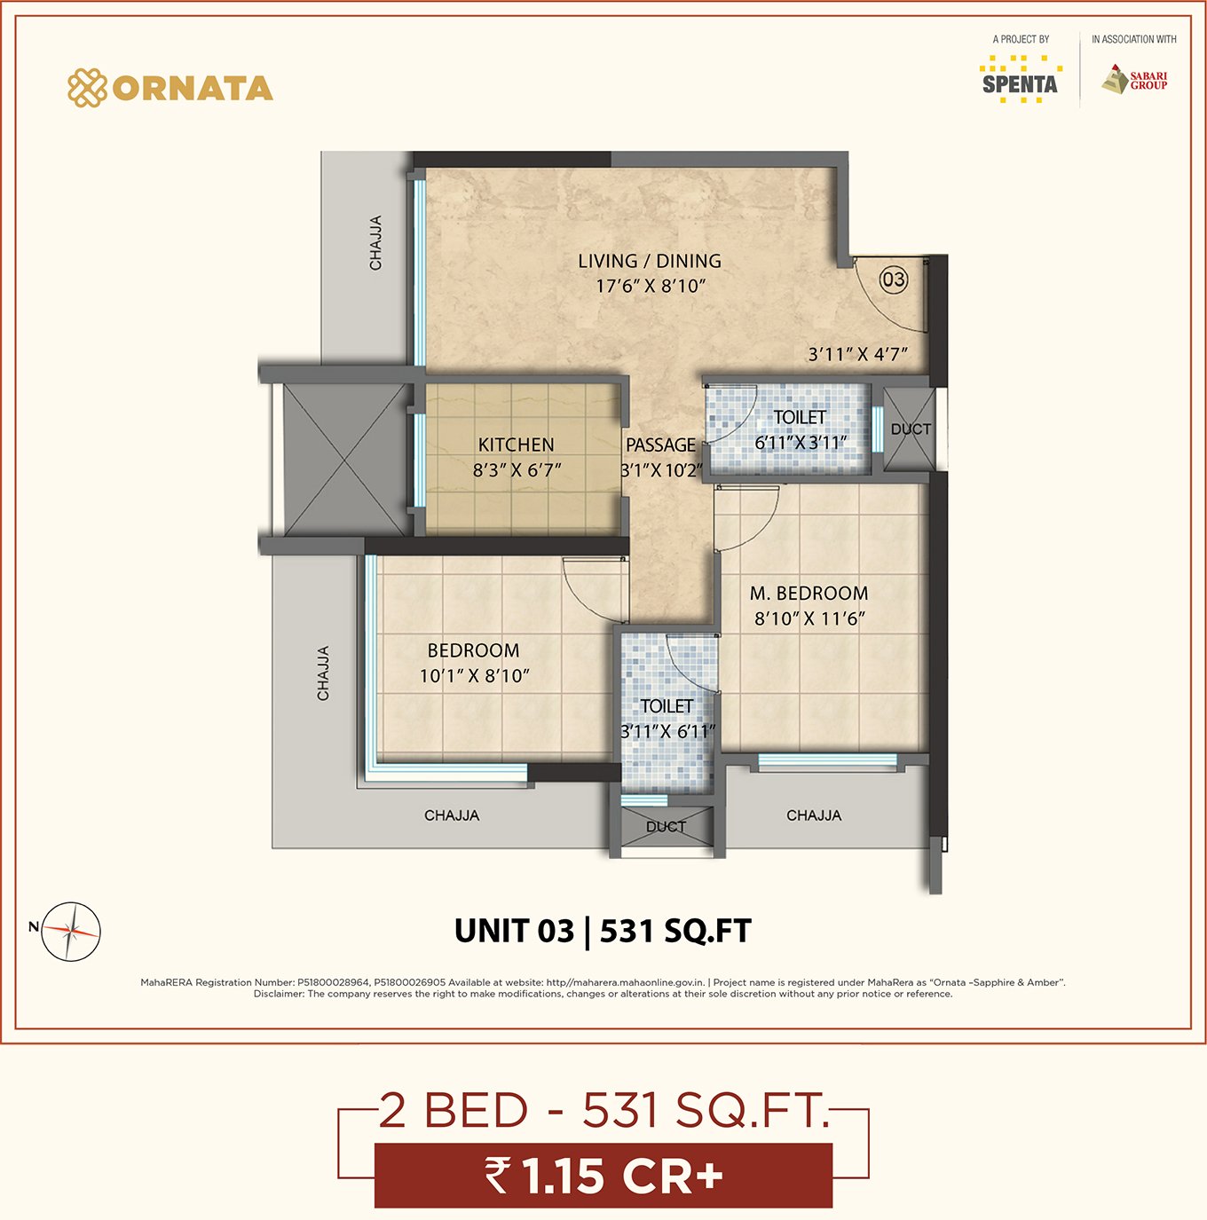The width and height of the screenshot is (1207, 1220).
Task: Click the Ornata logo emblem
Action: [x=88, y=88]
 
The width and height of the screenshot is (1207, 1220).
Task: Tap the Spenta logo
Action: [x=1021, y=79]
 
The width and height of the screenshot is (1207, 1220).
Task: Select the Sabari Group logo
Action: [x=1135, y=79]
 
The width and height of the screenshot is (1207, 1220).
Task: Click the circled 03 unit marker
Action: [x=894, y=279]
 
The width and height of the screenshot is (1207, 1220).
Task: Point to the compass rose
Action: [x=71, y=932]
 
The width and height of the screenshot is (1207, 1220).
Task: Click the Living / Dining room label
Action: [x=650, y=261]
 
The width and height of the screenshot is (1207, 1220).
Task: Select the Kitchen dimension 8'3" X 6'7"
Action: [x=517, y=470]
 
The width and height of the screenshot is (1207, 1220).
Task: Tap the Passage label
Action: [x=660, y=445]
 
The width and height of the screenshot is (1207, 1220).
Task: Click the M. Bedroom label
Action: [x=809, y=594]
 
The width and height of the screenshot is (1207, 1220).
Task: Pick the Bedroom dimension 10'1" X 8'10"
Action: [x=474, y=676]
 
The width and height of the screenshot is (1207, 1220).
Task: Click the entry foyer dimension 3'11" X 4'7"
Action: [x=858, y=354]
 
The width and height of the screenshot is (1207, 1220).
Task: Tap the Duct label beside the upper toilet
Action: [x=911, y=429]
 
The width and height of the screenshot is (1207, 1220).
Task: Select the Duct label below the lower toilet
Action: [x=667, y=827]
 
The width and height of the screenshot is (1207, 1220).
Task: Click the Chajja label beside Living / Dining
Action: [x=375, y=243]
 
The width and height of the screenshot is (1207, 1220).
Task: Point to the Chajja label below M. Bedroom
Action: [x=814, y=815]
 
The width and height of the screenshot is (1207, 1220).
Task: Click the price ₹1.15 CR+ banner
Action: [x=603, y=1176]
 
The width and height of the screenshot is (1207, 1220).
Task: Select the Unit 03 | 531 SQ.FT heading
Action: [x=603, y=931]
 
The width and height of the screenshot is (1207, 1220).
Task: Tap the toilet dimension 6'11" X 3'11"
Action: [x=801, y=443]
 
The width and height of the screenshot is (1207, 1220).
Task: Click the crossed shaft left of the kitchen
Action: [x=345, y=460]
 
